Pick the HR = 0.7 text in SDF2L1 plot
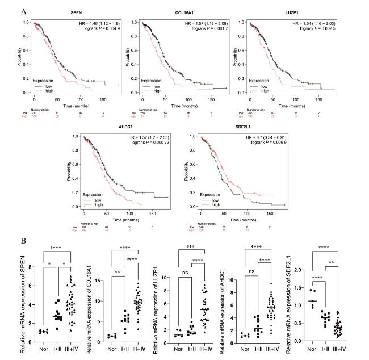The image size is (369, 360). pyautogui.click(x=255, y=138)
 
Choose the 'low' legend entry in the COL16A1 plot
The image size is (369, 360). pyautogui.click(x=159, y=85)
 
